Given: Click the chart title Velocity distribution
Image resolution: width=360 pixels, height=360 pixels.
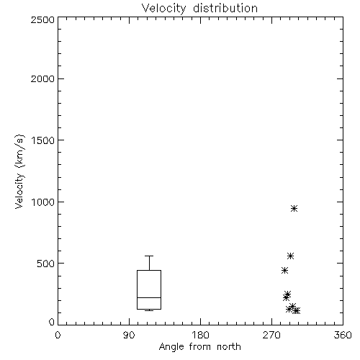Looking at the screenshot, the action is (x=199, y=8).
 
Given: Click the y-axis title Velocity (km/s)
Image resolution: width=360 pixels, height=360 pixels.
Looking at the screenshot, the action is (x=19, y=171).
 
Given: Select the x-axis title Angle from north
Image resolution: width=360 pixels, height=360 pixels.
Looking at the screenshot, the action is (x=199, y=347).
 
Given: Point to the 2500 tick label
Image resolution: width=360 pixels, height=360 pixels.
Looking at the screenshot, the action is (x=42, y=19).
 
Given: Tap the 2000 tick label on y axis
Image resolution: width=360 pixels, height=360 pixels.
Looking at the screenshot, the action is (x=42, y=78).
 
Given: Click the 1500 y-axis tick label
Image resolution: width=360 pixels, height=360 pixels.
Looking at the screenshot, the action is (x=43, y=140).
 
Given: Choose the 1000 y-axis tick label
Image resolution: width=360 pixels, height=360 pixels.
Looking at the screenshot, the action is (x=43, y=202).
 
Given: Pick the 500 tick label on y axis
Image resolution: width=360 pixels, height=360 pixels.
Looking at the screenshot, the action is (x=46, y=264).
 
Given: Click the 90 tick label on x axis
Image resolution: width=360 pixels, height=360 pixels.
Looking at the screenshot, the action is (x=129, y=335).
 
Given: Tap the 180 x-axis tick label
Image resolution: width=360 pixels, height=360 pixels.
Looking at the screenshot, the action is (x=200, y=335).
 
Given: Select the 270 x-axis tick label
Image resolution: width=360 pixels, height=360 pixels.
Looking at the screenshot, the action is (x=271, y=335).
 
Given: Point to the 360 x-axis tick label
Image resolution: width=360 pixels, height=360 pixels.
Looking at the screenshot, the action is (x=343, y=335).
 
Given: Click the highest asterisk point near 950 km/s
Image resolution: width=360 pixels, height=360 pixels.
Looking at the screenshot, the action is (x=294, y=209).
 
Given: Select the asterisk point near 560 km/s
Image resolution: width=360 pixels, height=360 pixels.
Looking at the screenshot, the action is (x=291, y=256).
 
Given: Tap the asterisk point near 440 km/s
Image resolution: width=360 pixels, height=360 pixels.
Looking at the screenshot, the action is (x=284, y=271).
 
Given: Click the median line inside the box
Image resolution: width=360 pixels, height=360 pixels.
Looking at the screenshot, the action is (x=149, y=297).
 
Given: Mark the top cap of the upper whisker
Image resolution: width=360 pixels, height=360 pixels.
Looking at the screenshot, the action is (x=149, y=256).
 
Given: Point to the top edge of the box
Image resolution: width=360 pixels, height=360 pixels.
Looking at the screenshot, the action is (x=149, y=271).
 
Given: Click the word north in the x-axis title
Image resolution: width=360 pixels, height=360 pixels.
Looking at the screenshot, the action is (x=229, y=347).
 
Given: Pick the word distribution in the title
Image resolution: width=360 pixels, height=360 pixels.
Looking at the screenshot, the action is (x=225, y=8).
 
